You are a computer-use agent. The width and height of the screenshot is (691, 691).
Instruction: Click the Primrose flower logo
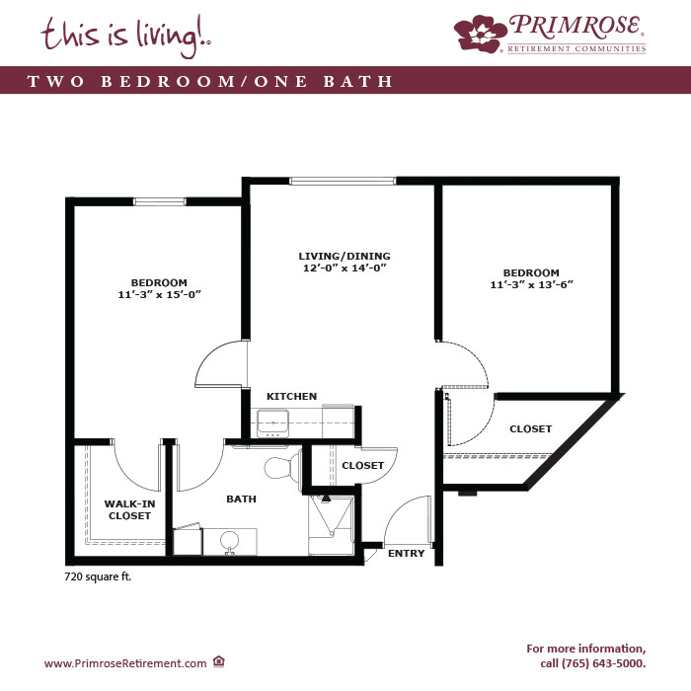481,34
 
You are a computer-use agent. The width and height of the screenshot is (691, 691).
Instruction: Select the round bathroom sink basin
229,540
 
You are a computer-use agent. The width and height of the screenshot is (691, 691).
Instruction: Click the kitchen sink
272,423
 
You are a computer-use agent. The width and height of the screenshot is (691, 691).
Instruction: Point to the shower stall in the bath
331,525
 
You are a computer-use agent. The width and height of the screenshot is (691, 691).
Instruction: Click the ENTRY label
407,553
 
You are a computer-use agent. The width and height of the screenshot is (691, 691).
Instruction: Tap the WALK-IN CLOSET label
129,509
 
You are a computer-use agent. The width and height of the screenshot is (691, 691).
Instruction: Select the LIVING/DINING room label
345,256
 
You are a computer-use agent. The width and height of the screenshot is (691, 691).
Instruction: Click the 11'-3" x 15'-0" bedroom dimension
159,294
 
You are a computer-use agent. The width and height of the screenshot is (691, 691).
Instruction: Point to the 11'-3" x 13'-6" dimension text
531,284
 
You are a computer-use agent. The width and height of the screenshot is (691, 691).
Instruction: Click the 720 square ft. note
98,576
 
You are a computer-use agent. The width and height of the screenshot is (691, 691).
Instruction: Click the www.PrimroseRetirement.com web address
125,663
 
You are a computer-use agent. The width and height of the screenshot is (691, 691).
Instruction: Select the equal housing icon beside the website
219,661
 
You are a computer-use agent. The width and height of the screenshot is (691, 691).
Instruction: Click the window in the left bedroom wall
159,201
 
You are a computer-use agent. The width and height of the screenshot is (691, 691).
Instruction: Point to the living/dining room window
343,181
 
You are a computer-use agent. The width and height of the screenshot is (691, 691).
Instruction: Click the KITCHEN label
292,396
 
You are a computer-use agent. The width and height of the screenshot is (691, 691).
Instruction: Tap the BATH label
241,499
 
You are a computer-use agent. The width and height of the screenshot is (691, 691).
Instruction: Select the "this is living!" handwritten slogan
125,37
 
